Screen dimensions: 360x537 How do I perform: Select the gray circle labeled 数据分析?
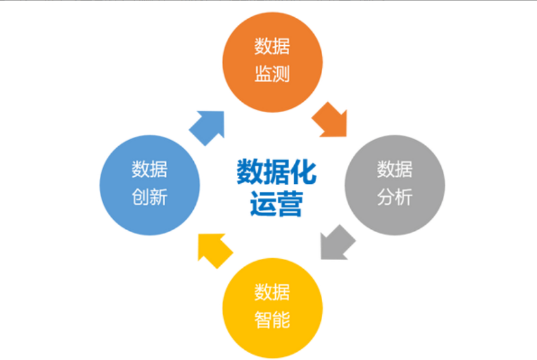[x=395, y=184]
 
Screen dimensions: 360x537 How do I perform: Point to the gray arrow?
[x=336, y=243]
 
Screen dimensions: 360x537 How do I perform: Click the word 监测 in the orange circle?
[x=272, y=74]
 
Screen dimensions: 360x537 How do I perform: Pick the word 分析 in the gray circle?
[x=395, y=197]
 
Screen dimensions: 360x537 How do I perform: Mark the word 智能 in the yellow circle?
[x=272, y=320]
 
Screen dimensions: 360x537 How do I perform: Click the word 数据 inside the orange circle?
[x=272, y=47]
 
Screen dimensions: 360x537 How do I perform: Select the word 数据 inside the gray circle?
[x=395, y=170]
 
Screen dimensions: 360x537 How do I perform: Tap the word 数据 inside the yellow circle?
[x=272, y=293]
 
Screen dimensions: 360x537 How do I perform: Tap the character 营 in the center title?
[x=289, y=202]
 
